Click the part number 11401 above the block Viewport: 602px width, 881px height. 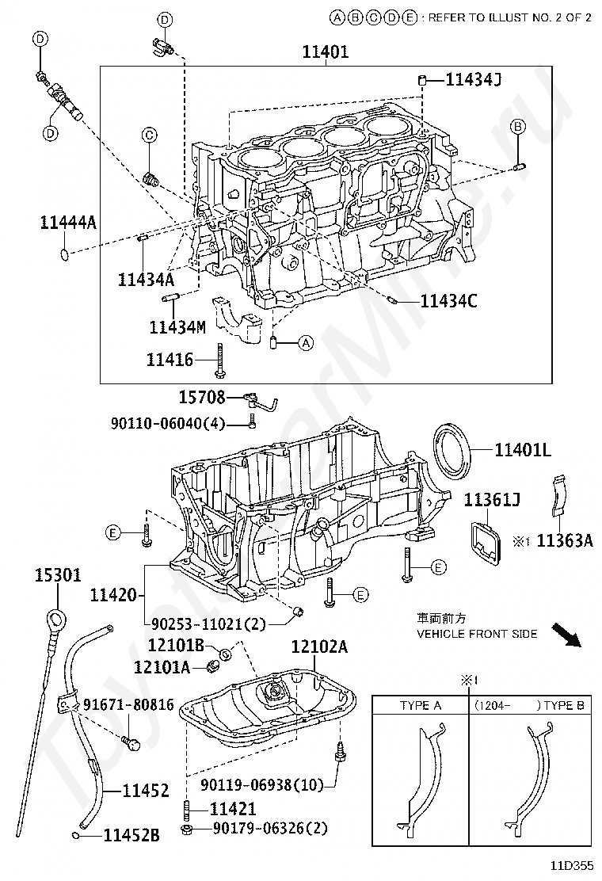(x=325, y=53)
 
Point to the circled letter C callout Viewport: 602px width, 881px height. (x=149, y=135)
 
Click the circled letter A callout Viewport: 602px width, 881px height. (x=306, y=343)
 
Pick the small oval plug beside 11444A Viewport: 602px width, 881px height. (x=65, y=254)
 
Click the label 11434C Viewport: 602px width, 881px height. (x=448, y=301)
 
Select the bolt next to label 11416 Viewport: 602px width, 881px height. (x=219, y=360)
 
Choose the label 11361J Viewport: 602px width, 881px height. (x=492, y=500)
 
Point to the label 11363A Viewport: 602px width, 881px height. (x=565, y=541)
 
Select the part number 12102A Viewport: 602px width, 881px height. (x=319, y=647)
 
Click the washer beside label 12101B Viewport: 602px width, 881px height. (x=225, y=654)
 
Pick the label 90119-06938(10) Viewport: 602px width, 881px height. (x=262, y=785)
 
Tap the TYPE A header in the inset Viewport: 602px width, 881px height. (x=420, y=705)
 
